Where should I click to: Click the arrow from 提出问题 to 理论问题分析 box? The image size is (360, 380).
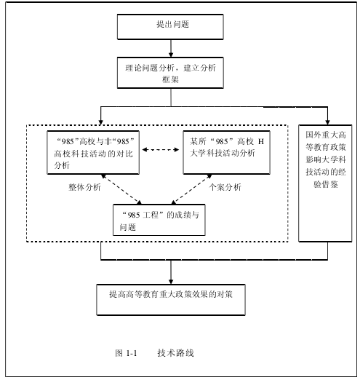[171, 48]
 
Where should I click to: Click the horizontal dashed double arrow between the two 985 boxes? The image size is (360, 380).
[161, 150]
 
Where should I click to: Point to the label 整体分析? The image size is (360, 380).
[84, 187]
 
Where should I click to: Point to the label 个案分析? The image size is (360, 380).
[225, 187]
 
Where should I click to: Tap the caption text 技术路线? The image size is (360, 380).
[175, 353]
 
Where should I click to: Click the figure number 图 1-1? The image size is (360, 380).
[126, 353]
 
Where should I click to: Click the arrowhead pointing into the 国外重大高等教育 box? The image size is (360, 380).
[327, 122]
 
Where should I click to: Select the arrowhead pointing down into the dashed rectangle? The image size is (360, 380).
[101, 122]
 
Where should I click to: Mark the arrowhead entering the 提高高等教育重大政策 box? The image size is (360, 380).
[171, 282]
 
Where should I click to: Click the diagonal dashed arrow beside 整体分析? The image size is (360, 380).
[121, 189]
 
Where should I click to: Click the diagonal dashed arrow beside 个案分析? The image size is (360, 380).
[191, 189]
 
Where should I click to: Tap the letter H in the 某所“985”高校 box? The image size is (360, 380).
[261, 141]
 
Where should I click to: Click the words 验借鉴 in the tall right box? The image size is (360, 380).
[326, 184]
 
